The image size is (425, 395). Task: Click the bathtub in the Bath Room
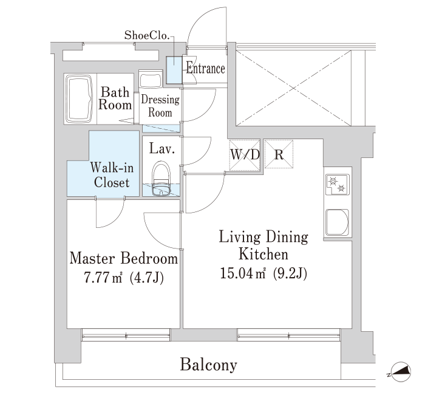(79, 98)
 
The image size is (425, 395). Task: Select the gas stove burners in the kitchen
(338, 185)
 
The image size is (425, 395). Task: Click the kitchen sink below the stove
(337, 222)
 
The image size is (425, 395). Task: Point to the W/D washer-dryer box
(245, 155)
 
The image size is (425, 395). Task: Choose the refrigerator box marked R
(279, 154)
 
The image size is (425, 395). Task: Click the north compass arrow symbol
(401, 372)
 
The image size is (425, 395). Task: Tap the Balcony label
(209, 365)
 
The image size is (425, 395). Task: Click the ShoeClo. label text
(147, 35)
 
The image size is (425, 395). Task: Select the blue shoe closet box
(174, 70)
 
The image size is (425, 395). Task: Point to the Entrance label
(205, 68)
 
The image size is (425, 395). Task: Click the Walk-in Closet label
(112, 175)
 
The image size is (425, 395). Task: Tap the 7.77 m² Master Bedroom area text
(123, 278)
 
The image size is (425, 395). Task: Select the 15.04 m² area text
(263, 273)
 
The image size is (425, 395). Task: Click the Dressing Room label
(160, 106)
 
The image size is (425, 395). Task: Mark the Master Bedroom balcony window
(126, 335)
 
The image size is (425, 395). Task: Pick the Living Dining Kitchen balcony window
(288, 335)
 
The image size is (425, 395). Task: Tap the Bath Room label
(115, 98)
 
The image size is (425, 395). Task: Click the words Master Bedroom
(124, 258)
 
